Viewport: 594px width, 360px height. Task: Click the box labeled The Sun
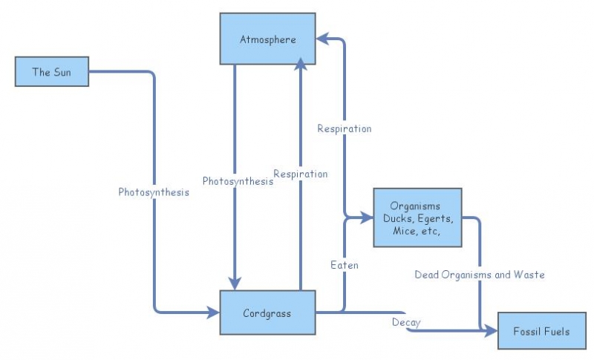click(51, 72)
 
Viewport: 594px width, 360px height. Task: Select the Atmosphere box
click(267, 39)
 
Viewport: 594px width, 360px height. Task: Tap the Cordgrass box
click(267, 312)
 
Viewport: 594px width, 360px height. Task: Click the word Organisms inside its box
click(417, 206)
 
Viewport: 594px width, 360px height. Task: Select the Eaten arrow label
click(345, 264)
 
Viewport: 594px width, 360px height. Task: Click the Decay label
click(406, 322)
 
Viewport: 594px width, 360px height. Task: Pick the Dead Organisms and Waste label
click(479, 275)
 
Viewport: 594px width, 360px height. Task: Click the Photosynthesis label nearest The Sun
click(154, 192)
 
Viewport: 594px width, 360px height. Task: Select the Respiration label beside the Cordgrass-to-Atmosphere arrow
click(300, 174)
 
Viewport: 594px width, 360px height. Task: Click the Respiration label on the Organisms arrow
click(344, 128)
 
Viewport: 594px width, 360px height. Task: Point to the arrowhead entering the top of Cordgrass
click(235, 284)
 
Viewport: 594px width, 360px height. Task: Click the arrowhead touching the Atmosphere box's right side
click(322, 37)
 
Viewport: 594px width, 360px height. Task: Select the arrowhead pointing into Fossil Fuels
click(492, 331)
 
